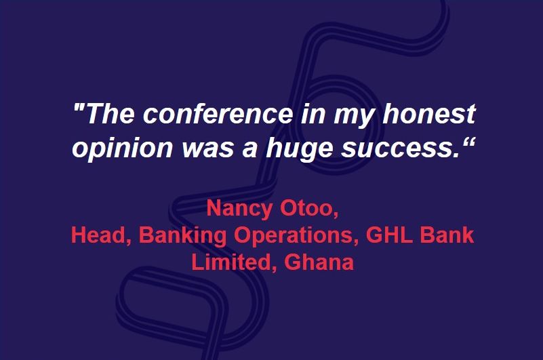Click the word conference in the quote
pos(218,114)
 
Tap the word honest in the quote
pos(428,114)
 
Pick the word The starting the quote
pos(109,114)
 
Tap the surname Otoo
pos(309,209)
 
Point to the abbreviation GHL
pos(389,235)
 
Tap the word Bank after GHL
pos(447,235)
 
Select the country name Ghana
pos(319,262)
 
